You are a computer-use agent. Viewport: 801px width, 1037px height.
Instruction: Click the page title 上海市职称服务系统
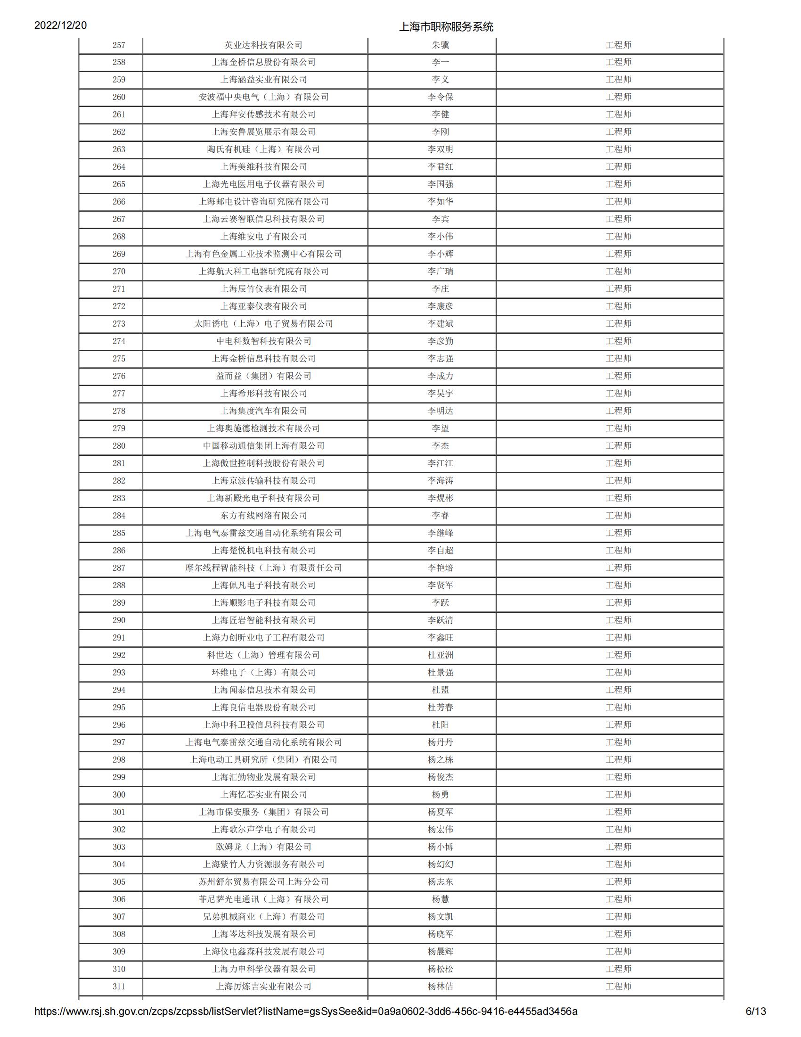click(x=446, y=27)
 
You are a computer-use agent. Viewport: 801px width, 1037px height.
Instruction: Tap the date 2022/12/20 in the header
click(x=60, y=25)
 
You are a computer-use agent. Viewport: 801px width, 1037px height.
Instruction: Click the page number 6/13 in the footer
click(x=755, y=1025)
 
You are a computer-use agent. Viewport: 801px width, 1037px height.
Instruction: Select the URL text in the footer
click(x=306, y=1025)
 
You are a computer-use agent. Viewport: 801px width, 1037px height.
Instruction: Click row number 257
click(x=119, y=45)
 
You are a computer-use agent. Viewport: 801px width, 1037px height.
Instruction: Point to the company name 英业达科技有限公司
click(x=263, y=45)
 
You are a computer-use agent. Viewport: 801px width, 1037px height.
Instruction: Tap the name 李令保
click(x=440, y=97)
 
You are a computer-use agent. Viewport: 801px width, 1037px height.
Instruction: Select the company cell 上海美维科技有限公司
click(x=263, y=167)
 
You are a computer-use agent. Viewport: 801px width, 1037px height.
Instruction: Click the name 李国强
click(x=440, y=184)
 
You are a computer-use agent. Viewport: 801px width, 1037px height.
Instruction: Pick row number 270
click(x=119, y=272)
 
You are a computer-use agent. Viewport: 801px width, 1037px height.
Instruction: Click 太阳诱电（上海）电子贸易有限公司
click(x=263, y=324)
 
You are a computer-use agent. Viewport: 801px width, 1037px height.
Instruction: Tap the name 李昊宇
click(x=440, y=394)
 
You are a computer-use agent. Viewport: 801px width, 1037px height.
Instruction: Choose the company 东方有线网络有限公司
click(x=263, y=516)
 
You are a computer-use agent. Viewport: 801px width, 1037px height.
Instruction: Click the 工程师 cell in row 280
click(x=618, y=446)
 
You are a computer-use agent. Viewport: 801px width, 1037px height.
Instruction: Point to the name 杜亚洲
click(x=440, y=655)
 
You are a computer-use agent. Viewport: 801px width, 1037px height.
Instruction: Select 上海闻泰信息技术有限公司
click(x=263, y=690)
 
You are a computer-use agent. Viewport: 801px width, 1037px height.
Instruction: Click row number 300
click(x=119, y=795)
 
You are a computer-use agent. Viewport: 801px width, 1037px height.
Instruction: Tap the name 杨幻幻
click(x=440, y=864)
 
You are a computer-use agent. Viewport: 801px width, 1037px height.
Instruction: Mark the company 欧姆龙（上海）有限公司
click(x=263, y=847)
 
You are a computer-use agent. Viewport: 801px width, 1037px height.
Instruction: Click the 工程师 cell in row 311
click(x=618, y=987)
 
